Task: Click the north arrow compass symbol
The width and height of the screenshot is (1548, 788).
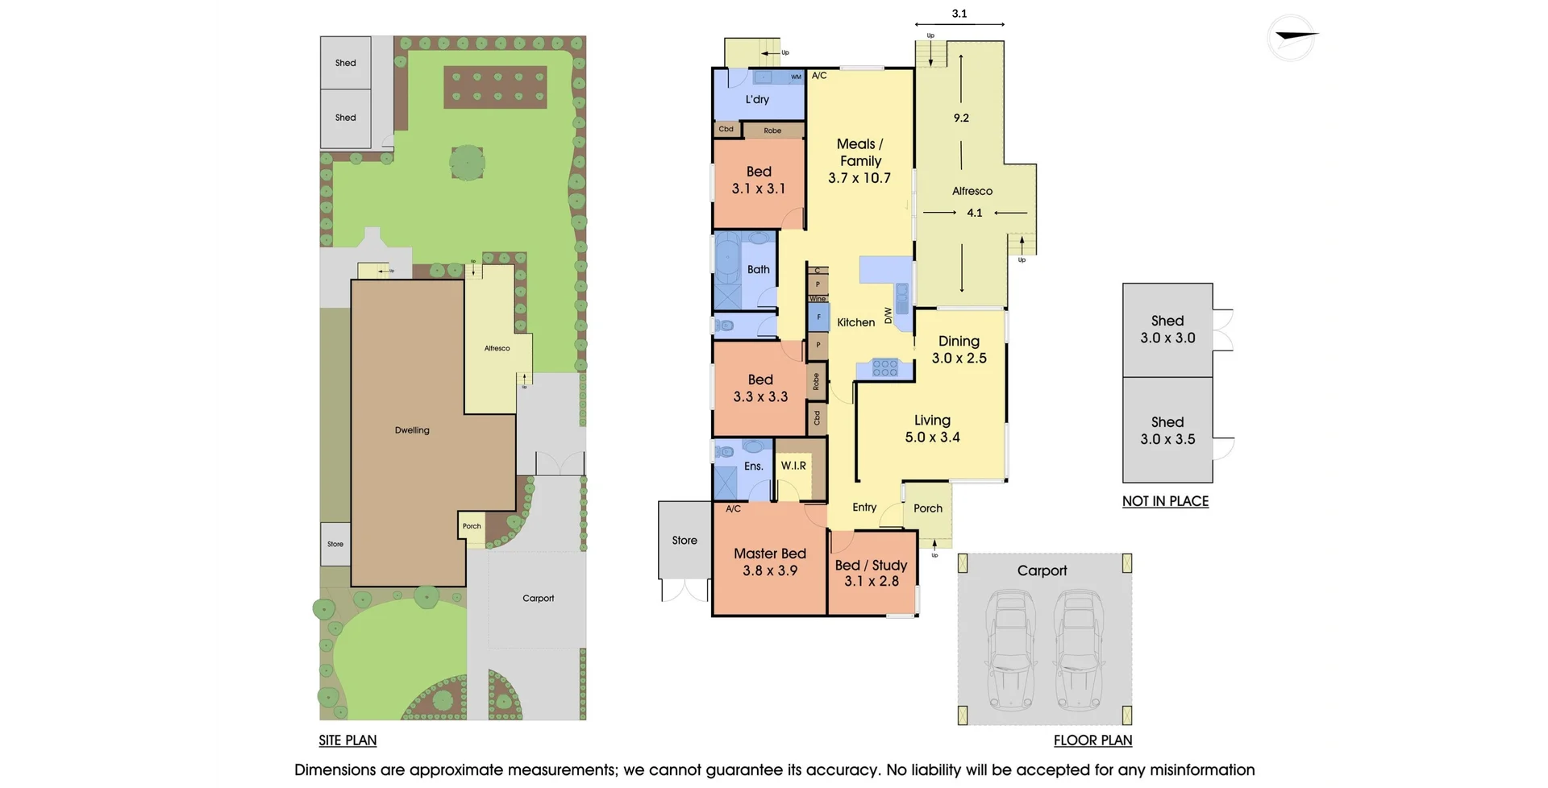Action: (x=1292, y=37)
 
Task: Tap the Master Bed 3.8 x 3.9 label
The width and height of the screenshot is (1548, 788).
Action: (x=769, y=562)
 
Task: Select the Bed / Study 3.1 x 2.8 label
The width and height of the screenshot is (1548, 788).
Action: (x=871, y=573)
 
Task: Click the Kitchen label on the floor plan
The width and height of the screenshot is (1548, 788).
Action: (x=855, y=322)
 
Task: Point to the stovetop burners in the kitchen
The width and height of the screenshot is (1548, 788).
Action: (x=884, y=367)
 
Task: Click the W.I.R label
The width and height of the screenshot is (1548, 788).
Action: (x=793, y=466)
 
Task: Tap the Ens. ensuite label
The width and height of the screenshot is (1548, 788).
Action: (x=753, y=467)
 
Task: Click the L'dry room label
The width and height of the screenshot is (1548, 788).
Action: (x=757, y=100)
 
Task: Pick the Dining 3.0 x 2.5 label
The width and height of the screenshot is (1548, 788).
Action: (x=959, y=350)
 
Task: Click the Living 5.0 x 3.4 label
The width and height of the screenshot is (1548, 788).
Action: (x=932, y=429)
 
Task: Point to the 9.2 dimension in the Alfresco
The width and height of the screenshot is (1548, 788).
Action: (x=961, y=118)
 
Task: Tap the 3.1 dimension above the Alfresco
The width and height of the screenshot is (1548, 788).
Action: (x=959, y=14)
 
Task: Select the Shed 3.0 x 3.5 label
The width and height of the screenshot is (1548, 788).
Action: (x=1167, y=430)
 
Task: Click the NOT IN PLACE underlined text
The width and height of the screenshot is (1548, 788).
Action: (x=1165, y=501)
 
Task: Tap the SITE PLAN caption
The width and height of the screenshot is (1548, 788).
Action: (x=347, y=740)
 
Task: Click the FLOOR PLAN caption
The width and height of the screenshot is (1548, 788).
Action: (x=1092, y=740)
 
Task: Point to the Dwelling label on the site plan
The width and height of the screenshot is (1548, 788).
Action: (x=412, y=430)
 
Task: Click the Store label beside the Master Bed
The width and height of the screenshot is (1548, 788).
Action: (x=685, y=541)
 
